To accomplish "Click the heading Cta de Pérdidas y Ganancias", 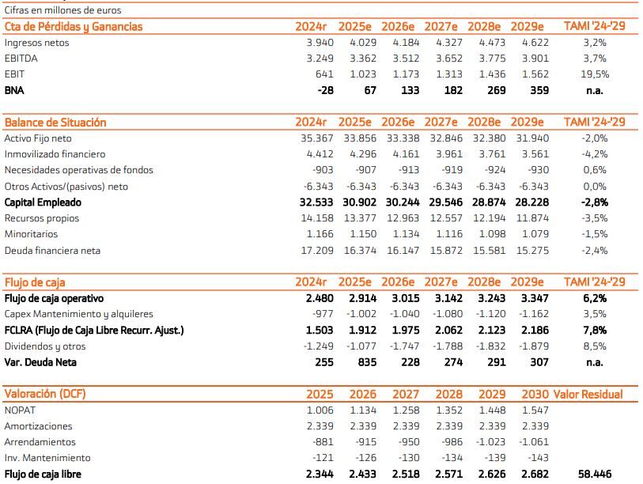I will tap(74, 27).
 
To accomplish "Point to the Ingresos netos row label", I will tap(36, 43).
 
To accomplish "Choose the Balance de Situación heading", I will tap(55, 123).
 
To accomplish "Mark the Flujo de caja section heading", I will tap(35, 282).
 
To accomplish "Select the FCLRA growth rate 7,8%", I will tap(594, 330).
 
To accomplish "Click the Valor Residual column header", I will tap(588, 395).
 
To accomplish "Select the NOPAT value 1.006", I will tap(320, 410).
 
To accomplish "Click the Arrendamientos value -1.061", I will tap(532, 442).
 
